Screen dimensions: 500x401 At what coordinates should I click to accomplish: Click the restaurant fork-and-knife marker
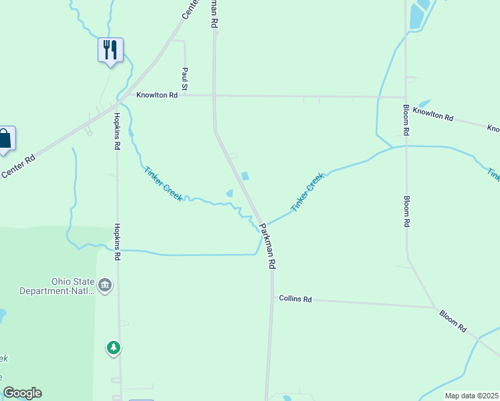[x=110, y=49]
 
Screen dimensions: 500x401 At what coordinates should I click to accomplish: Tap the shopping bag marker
[x=5, y=138]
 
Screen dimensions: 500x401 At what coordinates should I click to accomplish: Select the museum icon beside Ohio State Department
[x=105, y=286]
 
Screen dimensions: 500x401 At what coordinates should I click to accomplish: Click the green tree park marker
[x=114, y=348]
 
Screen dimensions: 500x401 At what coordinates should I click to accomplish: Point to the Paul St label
[x=184, y=78]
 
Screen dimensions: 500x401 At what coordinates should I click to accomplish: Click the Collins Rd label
[x=295, y=299]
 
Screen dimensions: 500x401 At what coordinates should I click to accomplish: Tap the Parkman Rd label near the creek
[x=267, y=246]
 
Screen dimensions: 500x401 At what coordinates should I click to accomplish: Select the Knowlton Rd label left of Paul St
[x=157, y=96]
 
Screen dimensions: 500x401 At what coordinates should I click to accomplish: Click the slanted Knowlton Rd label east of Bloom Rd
[x=433, y=114]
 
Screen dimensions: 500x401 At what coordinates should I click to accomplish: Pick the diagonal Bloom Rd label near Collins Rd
[x=453, y=321]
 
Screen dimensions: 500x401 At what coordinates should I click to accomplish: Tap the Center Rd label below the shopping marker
[x=17, y=168]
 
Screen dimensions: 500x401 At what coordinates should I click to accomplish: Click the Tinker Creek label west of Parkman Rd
[x=163, y=183]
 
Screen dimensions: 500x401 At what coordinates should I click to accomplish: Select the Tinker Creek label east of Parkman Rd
[x=307, y=192]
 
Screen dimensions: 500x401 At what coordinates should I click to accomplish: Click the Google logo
[x=22, y=393]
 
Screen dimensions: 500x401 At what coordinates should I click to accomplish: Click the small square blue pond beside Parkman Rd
[x=245, y=176]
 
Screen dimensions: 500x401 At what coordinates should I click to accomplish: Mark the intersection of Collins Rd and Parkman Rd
[x=273, y=297]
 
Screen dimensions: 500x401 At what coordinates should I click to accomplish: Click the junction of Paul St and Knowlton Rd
[x=184, y=95]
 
